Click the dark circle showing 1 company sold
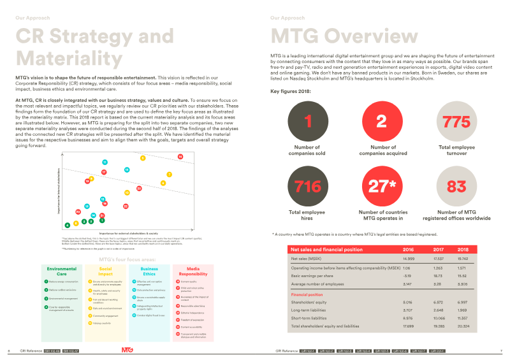tap(309, 122)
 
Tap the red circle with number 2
tap(382, 122)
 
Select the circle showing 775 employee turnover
tap(456, 122)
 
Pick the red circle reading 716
tap(309, 186)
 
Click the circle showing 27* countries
tap(382, 186)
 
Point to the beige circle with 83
tap(456, 186)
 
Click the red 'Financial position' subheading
tap(306, 295)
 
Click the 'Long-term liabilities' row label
tap(309, 310)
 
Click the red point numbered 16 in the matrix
tap(180, 138)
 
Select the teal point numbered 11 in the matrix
tap(105, 145)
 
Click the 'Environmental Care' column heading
tap(61, 271)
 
